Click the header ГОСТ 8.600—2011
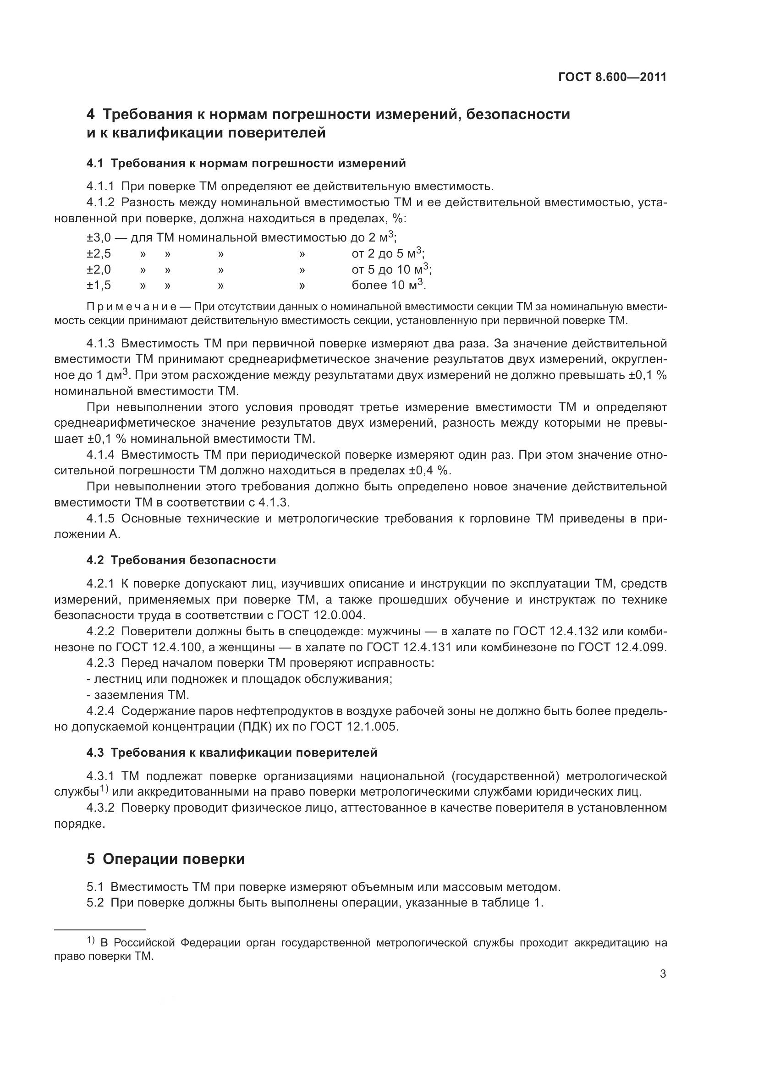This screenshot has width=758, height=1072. point(612,77)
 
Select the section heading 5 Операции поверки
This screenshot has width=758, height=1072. point(166,859)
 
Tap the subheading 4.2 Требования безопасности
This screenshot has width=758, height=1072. point(181,560)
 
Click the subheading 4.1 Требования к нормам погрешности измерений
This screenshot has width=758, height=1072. point(246,164)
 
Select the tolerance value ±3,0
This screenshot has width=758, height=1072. point(99,238)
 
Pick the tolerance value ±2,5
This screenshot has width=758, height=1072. point(99,254)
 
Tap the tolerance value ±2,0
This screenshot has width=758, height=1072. point(99,270)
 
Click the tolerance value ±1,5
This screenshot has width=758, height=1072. point(99,285)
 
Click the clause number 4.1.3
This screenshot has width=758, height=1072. point(100,344)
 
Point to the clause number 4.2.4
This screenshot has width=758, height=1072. point(100,711)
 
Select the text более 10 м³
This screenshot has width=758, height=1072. point(388,285)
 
